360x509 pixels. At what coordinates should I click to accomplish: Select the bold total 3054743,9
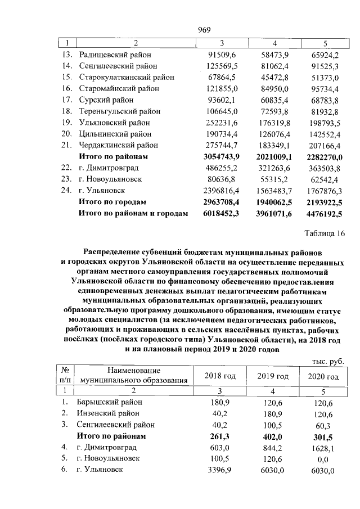coord(219,156)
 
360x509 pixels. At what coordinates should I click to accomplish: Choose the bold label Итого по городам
coord(112,201)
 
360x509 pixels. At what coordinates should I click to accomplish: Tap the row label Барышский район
coord(111,402)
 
